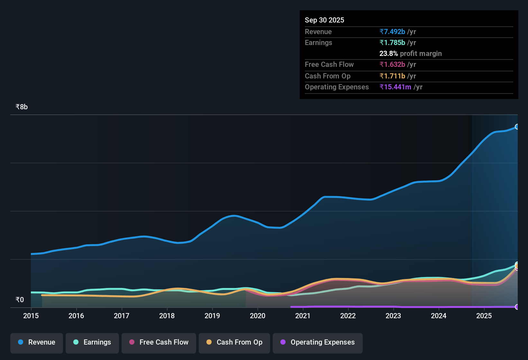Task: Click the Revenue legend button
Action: pyautogui.click(x=37, y=342)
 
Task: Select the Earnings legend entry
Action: pyautogui.click(x=92, y=342)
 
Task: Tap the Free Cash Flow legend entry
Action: pyautogui.click(x=159, y=342)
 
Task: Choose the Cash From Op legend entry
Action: pyautogui.click(x=234, y=342)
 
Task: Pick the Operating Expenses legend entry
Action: pyautogui.click(x=318, y=342)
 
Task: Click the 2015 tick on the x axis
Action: pyautogui.click(x=31, y=316)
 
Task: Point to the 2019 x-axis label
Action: pyautogui.click(x=212, y=316)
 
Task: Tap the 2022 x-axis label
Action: pyautogui.click(x=348, y=316)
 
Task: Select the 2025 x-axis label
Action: pyautogui.click(x=484, y=316)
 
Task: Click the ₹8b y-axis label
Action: pyautogui.click(x=22, y=107)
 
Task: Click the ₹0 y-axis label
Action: pyautogui.click(x=20, y=300)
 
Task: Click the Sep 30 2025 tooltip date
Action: pyautogui.click(x=324, y=20)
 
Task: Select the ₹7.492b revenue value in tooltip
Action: pyautogui.click(x=392, y=32)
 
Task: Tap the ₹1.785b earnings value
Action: pyautogui.click(x=392, y=43)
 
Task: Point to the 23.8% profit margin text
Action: pyautogui.click(x=410, y=54)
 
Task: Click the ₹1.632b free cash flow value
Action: pyautogui.click(x=392, y=65)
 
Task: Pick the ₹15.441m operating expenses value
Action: pyautogui.click(x=395, y=87)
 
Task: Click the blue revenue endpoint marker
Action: pyautogui.click(x=517, y=127)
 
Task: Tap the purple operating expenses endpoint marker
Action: pyautogui.click(x=517, y=307)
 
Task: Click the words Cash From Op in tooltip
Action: pyautogui.click(x=328, y=76)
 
